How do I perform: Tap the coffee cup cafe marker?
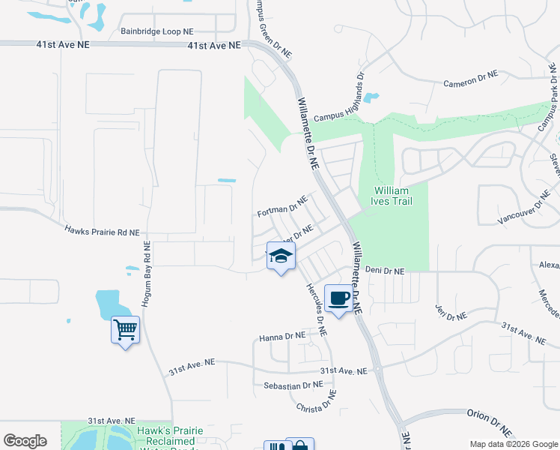click(339, 298)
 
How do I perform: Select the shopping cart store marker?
click(125, 329)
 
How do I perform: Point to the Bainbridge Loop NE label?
click(156, 31)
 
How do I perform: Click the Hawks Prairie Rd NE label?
click(102, 232)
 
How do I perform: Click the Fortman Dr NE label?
click(282, 207)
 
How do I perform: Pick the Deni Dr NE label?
click(384, 271)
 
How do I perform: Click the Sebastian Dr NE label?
click(293, 385)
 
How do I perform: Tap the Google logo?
click(25, 441)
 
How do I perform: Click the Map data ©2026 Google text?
click(514, 444)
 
